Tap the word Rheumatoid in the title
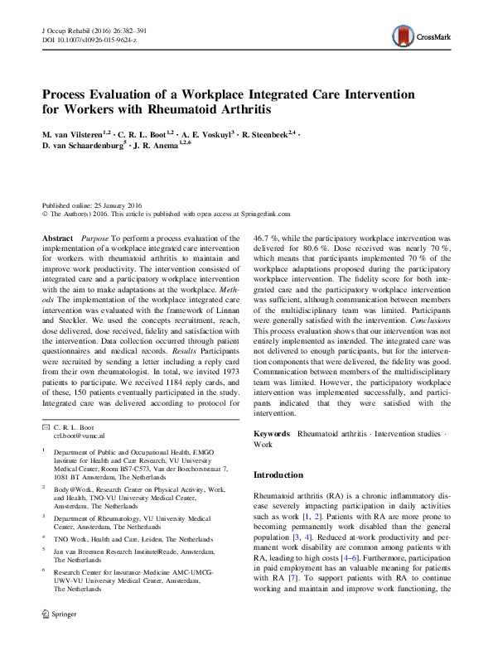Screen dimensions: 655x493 click(190, 108)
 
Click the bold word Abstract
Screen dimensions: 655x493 click(57, 237)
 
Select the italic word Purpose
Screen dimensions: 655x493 click(97, 237)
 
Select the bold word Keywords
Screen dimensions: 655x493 click(271, 434)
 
